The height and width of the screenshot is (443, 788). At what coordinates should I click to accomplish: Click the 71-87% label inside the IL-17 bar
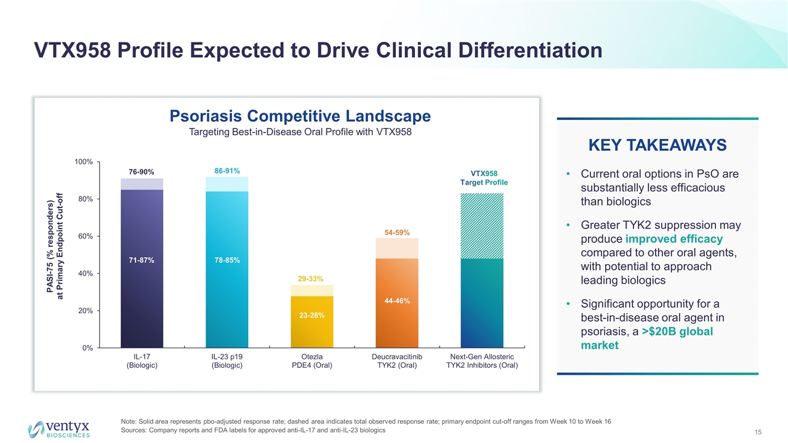click(142, 261)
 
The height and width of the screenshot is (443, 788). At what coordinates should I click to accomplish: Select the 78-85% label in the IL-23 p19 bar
click(227, 261)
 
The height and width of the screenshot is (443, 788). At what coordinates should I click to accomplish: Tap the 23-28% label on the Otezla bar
click(312, 315)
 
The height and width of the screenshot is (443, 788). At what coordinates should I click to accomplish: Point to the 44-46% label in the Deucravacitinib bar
click(397, 300)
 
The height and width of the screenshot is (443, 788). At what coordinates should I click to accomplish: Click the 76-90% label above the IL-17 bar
click(142, 172)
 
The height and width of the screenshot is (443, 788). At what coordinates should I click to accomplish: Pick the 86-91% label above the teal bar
click(227, 169)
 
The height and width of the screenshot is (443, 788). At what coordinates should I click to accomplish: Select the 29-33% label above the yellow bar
click(312, 279)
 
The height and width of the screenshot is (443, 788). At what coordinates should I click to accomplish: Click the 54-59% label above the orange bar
click(397, 232)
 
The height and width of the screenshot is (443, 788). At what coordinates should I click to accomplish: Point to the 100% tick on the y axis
click(83, 162)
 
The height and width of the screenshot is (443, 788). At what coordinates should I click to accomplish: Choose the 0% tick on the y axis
click(87, 348)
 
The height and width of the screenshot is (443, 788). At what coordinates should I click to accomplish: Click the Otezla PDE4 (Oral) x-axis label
click(312, 361)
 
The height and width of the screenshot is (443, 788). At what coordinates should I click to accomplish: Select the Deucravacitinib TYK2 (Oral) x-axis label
click(397, 361)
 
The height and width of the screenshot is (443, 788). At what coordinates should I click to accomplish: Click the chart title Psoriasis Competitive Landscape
click(300, 116)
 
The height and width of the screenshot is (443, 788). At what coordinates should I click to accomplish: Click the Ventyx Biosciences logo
click(60, 429)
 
